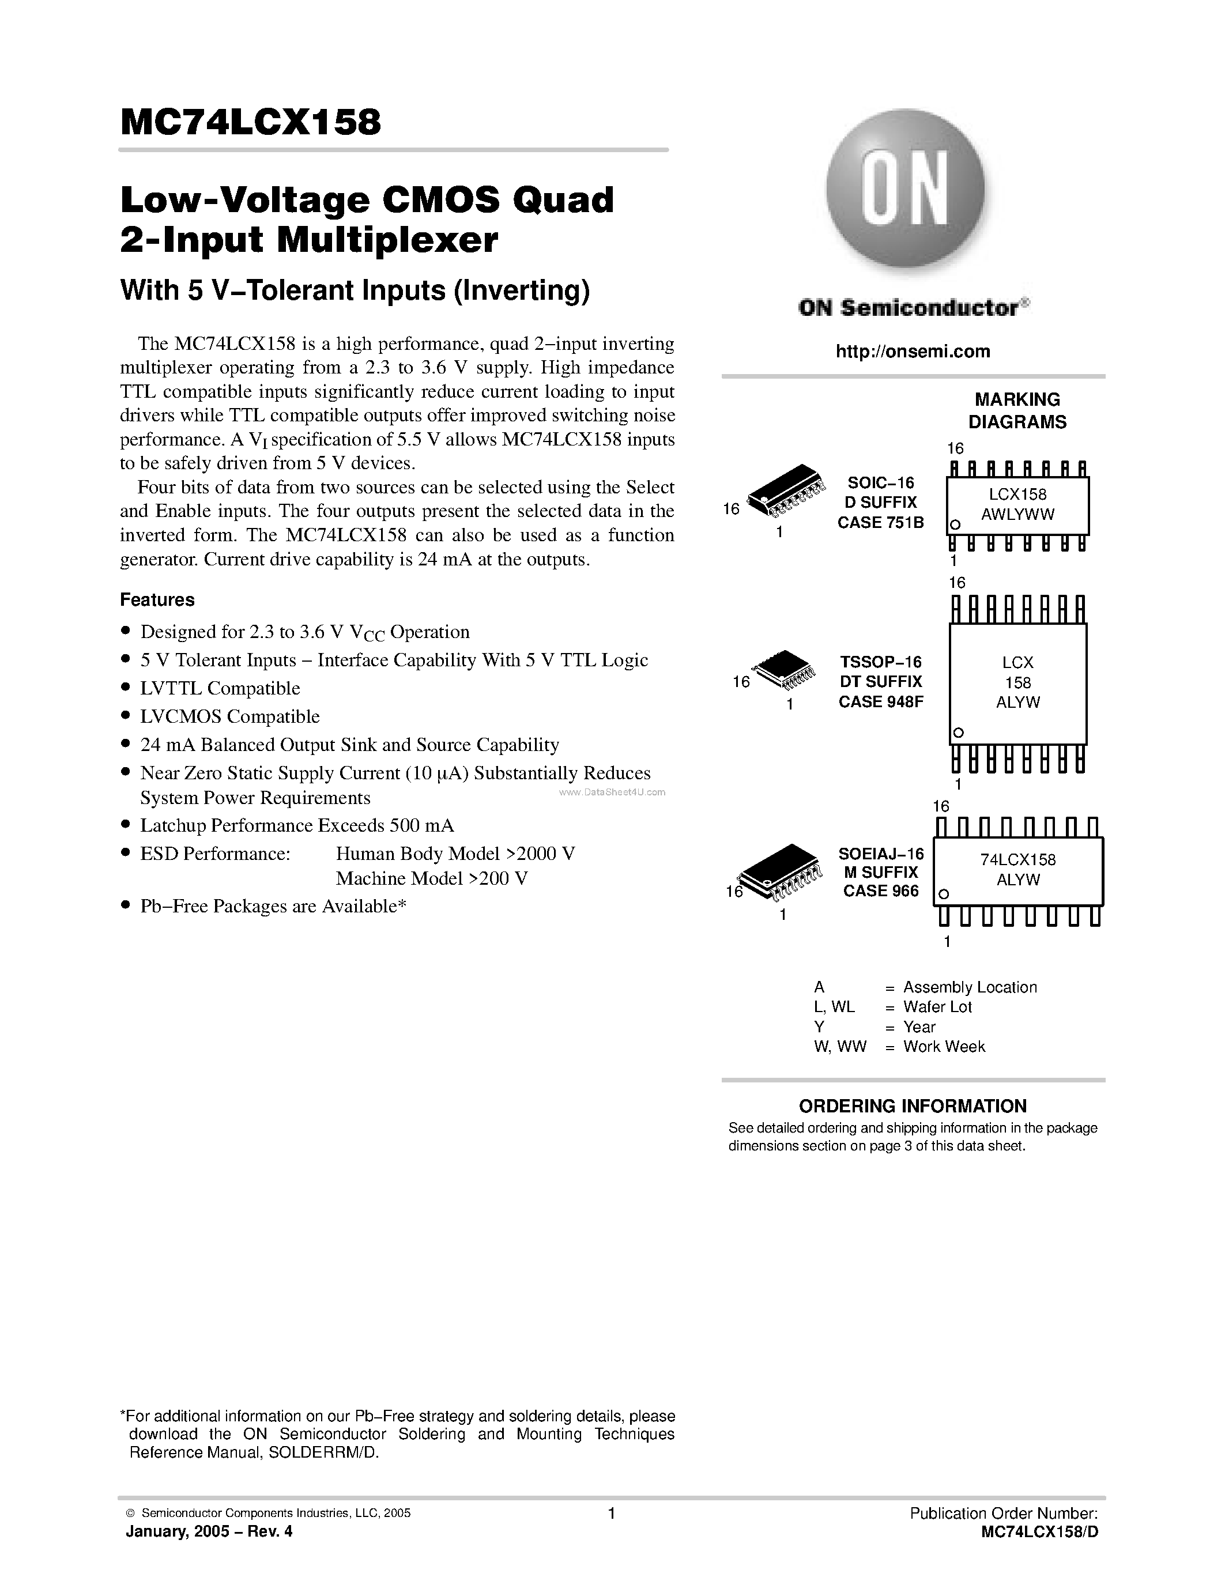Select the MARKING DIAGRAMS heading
click(1017, 411)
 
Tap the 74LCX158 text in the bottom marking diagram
click(1017, 860)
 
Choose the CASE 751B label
click(881, 523)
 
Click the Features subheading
click(157, 600)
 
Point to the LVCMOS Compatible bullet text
click(230, 717)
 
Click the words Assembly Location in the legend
click(970, 988)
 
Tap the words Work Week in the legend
click(944, 1047)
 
